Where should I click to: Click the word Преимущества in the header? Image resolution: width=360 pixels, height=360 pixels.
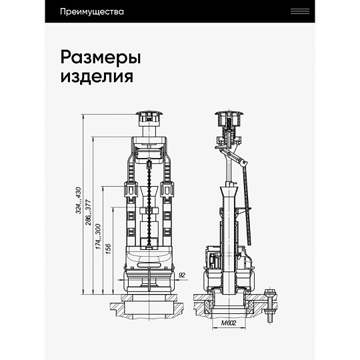coord(92,12)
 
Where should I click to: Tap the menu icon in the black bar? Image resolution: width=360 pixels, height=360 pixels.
coord(300,11)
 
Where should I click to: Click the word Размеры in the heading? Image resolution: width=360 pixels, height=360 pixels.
coord(101,57)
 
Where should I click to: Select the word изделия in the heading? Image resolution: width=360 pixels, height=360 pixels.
coord(97,76)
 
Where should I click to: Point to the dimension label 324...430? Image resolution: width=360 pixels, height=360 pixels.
coord(79,200)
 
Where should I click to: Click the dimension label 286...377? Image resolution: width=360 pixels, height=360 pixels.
coord(89,213)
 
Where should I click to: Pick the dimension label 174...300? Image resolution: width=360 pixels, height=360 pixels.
coord(98,237)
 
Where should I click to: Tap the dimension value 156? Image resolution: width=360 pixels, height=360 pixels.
coord(108,249)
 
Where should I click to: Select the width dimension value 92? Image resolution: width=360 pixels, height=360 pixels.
coord(181,275)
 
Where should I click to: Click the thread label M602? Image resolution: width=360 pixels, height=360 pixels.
coord(229,323)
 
